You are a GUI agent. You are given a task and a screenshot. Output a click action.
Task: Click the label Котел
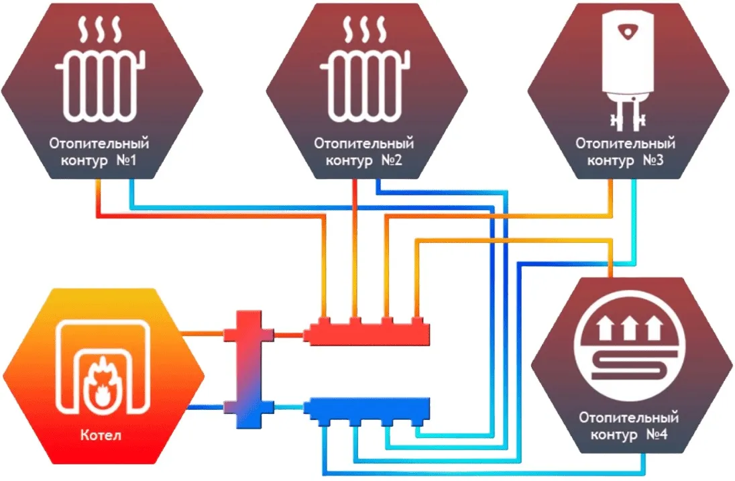coord(103,437)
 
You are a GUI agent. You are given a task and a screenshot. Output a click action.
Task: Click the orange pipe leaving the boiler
coord(201,331)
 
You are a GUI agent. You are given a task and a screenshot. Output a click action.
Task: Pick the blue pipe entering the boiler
coord(205,406)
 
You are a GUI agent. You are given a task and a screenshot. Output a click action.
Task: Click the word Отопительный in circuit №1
coord(99,144)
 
